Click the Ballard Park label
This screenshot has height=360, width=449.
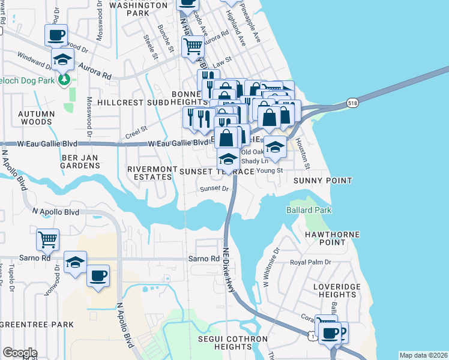coord(309,210)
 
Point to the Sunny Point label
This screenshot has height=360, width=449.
coord(322,180)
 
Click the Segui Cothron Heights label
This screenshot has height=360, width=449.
coord(233,343)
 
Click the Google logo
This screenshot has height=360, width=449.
coord(20,352)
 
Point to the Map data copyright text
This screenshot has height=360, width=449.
coord(423,355)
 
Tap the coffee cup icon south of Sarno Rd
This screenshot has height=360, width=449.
coord(98,276)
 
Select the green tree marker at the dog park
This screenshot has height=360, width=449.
coord(64,79)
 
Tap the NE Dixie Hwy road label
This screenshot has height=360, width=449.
coord(229,271)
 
